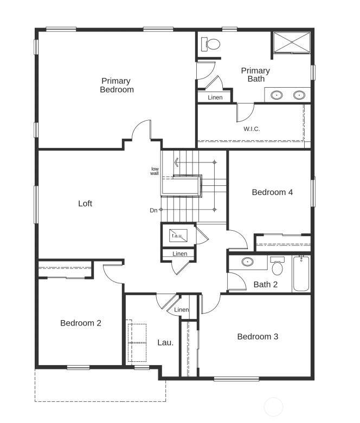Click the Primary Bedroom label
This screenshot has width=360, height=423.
117,85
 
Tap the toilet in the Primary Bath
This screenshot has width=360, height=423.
211,44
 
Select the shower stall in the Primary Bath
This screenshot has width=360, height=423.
292,42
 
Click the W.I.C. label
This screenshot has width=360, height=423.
252,129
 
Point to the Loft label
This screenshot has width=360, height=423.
85,204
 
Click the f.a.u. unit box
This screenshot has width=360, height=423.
178,236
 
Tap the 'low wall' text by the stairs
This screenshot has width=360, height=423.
155,171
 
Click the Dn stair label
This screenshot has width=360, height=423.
153,211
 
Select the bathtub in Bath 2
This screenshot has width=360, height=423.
301,274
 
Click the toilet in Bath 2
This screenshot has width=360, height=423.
278,266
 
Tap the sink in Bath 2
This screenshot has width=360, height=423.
247,262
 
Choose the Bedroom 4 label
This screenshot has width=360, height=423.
272,192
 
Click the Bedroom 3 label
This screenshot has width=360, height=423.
258,337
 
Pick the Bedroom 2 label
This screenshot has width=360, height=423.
81,323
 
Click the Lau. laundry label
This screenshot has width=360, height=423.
165,343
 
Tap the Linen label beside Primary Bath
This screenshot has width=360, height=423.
215,97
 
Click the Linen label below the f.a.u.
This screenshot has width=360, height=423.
179,254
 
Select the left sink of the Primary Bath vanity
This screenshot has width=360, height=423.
277,95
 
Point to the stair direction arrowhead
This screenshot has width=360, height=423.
176,162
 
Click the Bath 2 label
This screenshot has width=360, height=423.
266,284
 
